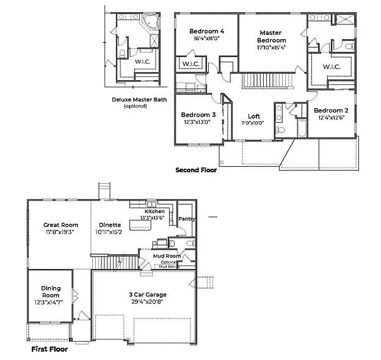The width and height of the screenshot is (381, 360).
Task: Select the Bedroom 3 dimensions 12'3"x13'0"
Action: (x=197, y=122)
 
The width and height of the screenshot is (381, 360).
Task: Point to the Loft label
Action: (x=254, y=116)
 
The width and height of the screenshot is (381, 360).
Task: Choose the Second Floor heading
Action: (x=195, y=170)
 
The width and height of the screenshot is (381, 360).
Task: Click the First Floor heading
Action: (x=49, y=350)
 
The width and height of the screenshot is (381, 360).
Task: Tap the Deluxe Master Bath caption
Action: (x=139, y=99)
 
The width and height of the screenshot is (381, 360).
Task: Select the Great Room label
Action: (x=60, y=225)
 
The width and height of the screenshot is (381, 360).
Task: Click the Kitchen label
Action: (x=154, y=211)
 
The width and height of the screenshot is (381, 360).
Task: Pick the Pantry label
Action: (x=186, y=218)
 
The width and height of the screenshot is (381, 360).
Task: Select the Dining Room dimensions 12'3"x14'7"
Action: (x=51, y=301)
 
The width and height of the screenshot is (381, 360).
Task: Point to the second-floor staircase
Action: (x=266, y=80)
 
